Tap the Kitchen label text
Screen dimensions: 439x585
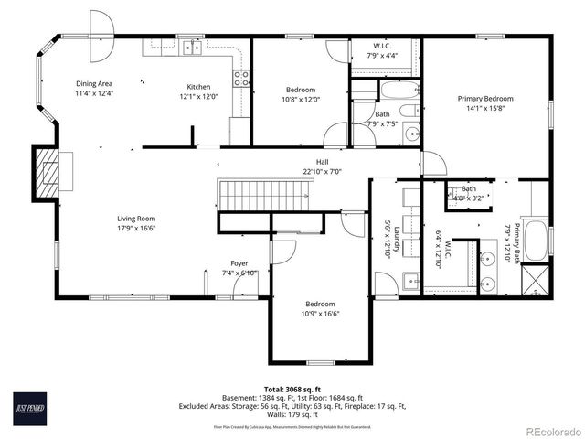pyautogui.click(x=199, y=87)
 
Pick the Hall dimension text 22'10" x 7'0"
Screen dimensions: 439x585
pyautogui.click(x=322, y=171)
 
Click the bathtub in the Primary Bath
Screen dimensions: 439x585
pyautogui.click(x=537, y=241)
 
